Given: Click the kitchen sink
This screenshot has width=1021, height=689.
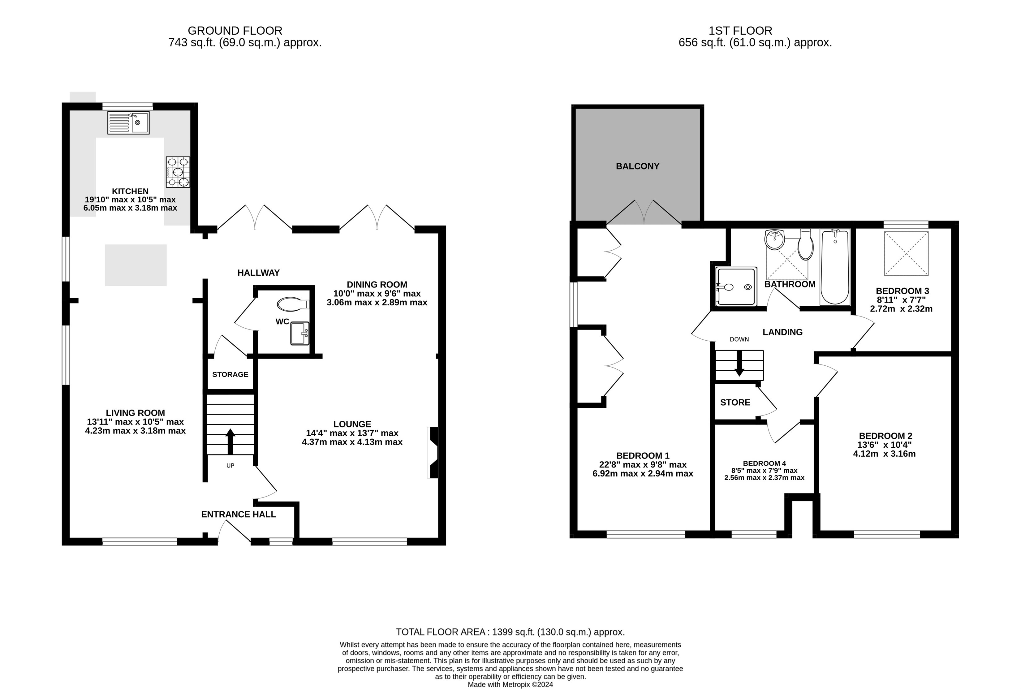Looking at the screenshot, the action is [x=128, y=123].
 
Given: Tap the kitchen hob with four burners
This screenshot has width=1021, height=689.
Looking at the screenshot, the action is [x=178, y=172].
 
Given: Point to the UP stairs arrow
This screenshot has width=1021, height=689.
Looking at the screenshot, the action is [x=230, y=441].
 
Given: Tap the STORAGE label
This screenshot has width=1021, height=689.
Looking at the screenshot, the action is [x=230, y=374].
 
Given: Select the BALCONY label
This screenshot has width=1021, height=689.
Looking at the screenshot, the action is [x=637, y=166].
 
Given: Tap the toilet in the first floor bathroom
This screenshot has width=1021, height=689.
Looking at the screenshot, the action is [x=806, y=244].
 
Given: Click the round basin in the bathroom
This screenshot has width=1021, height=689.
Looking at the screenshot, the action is [x=774, y=240].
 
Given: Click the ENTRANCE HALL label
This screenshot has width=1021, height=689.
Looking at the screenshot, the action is [x=239, y=514].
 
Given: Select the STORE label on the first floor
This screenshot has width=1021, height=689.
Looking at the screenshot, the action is [x=735, y=403].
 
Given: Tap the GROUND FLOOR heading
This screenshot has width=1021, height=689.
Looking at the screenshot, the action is [x=235, y=31].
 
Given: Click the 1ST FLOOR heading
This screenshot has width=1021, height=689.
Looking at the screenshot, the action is [x=740, y=31].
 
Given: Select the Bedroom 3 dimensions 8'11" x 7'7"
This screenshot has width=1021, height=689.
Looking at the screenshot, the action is [x=901, y=300].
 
